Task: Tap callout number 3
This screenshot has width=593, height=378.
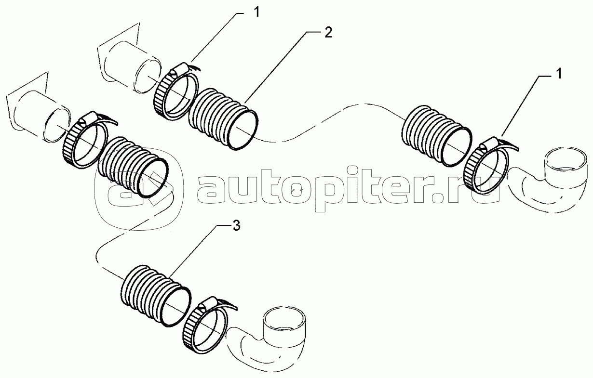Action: (x=236, y=226)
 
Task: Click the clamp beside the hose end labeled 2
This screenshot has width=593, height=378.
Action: (x=175, y=91)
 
